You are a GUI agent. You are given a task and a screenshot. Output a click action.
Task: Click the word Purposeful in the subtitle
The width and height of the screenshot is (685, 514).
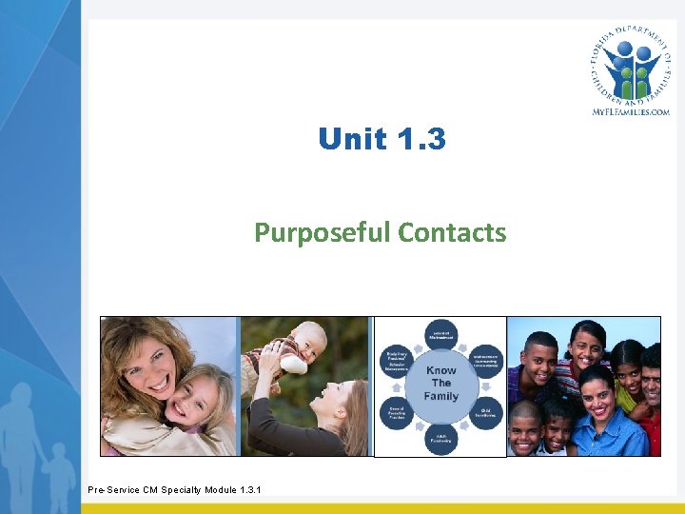point(323,232)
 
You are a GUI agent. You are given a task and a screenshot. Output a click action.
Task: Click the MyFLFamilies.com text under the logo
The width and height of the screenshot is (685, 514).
point(630,111)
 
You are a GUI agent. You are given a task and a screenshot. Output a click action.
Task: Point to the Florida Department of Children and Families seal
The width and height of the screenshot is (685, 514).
point(629,61)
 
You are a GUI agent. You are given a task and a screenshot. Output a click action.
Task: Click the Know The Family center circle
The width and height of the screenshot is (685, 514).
point(440,383)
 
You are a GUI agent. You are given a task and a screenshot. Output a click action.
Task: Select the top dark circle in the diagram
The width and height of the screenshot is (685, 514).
point(440,334)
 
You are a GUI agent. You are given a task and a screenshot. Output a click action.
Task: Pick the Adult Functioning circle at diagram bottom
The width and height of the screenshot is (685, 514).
point(441,439)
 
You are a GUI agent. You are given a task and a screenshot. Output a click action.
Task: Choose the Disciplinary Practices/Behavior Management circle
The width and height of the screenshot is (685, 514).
point(398,359)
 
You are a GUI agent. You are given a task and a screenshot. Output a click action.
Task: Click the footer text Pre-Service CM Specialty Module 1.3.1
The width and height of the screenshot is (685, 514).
point(174,490)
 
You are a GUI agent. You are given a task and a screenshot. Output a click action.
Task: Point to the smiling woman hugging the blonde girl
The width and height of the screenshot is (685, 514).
point(143,362)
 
